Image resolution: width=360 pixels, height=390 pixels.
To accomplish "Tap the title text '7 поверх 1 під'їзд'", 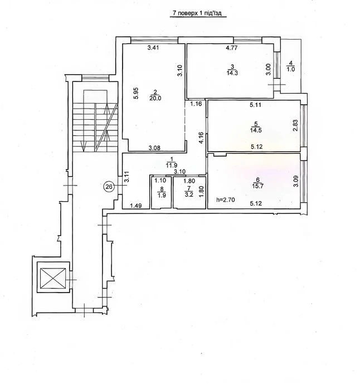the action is point(197,13).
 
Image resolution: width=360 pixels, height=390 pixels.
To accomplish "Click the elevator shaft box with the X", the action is point(53,277).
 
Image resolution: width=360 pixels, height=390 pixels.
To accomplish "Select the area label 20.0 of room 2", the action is point(155,98).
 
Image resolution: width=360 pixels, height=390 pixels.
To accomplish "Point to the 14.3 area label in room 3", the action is point(232,73).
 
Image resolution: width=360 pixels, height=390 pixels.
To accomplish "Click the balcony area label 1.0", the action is point(290,70).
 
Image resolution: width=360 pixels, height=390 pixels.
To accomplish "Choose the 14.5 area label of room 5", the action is point(256,130).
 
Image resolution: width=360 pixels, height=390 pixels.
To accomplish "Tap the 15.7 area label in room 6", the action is point(258,186).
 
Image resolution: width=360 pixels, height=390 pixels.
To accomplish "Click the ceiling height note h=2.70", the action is point(226,199).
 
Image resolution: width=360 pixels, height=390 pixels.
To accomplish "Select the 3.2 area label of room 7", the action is point(189,194).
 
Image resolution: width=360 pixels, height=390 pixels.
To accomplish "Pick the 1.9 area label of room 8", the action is point(162,196).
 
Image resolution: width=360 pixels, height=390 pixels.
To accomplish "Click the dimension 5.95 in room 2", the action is point(136,94).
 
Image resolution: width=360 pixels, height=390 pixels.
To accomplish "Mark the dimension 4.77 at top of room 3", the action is point(232,48).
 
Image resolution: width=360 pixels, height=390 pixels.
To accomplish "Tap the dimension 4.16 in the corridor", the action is point(201,138).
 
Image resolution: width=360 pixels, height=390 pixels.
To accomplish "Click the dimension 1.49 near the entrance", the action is point(136,206).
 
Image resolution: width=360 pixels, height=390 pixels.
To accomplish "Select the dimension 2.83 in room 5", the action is point(295,126).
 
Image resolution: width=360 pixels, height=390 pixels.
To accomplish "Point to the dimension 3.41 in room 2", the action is point(153,47).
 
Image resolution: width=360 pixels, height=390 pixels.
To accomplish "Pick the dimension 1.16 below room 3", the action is point(196,104).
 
